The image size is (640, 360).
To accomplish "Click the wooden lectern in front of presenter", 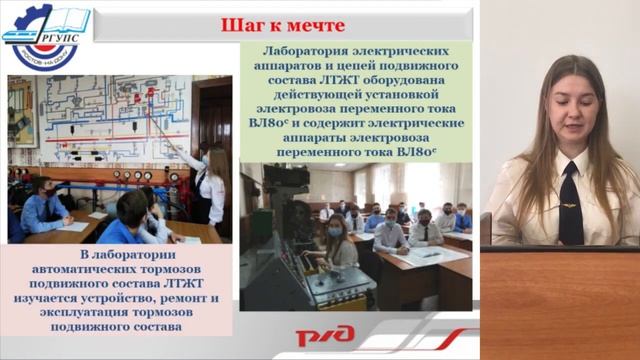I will point(562,300).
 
